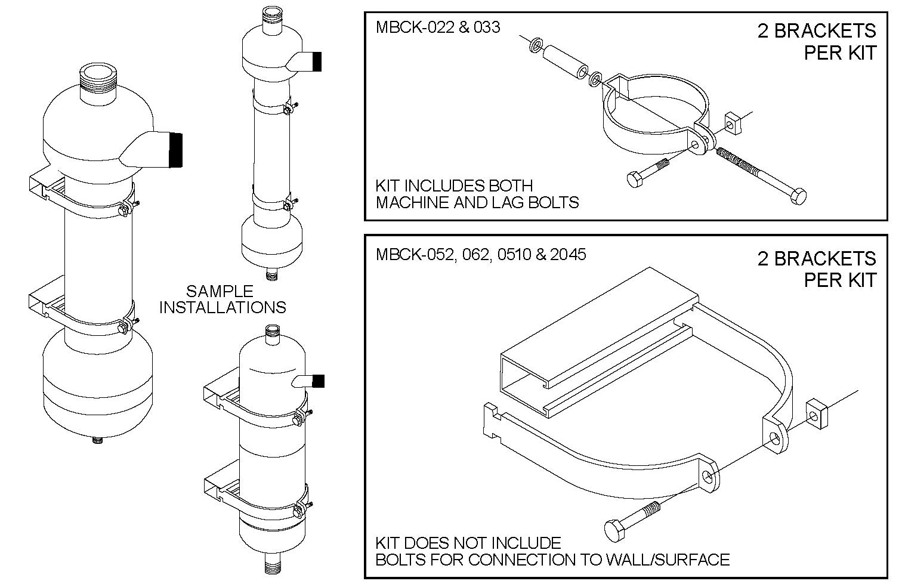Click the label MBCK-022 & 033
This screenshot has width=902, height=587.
pos(438,27)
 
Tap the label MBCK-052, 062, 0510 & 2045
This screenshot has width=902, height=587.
pos(481,255)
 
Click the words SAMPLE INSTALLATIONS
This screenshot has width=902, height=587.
pos(223,299)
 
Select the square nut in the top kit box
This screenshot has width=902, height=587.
pos(732,123)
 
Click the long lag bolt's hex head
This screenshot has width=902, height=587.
pos(798,196)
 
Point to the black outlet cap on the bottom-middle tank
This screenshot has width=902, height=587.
pos(318,381)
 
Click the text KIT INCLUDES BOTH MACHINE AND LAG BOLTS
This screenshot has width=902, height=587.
pos(477,194)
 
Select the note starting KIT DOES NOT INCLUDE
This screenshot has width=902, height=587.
pos(552,551)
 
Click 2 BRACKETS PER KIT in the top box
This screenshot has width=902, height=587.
pos(816,41)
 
